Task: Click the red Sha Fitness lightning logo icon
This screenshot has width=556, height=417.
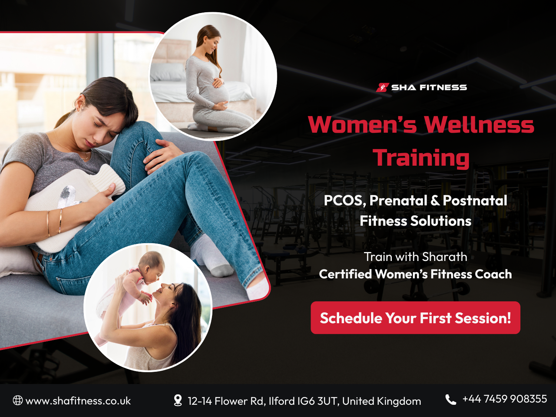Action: tap(383, 87)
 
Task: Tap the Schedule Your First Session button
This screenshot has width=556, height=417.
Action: tap(416, 318)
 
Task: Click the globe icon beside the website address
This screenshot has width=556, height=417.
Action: tap(18, 400)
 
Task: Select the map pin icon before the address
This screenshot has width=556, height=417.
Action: tap(178, 400)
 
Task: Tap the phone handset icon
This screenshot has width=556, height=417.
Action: tap(451, 400)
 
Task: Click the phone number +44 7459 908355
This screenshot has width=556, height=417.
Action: tap(504, 399)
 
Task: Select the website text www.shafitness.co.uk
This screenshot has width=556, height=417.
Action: tap(78, 401)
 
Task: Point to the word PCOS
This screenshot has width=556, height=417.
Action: tap(344, 201)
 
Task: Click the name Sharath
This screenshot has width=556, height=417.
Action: tap(444, 257)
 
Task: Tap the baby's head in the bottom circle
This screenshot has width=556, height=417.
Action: tap(152, 266)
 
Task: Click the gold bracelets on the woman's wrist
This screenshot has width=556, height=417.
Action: tap(54, 222)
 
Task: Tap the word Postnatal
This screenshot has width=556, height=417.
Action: tap(475, 201)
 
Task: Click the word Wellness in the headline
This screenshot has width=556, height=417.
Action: tap(479, 125)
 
